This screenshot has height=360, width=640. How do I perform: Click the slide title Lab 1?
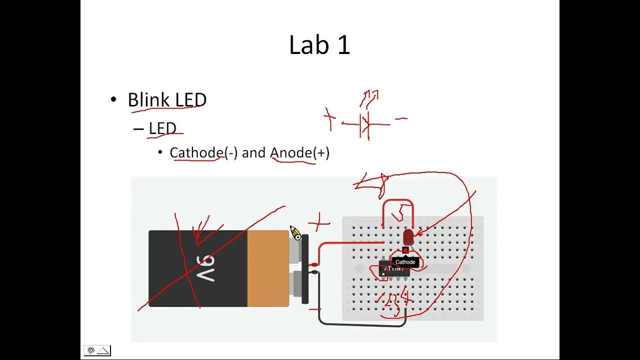coord(319,45)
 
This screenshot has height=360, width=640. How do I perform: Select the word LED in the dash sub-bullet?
coord(162,128)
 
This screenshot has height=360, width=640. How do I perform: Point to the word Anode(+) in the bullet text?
coord(299,152)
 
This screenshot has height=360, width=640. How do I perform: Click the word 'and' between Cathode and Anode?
coord(253,152)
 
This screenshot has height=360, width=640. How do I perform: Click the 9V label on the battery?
coord(205,268)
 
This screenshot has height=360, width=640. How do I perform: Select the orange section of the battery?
coord(267,268)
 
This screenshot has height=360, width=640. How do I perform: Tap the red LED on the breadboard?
coord(408,236)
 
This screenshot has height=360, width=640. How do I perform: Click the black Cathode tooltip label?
coord(405,262)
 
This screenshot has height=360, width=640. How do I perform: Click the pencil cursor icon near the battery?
coord(295,233)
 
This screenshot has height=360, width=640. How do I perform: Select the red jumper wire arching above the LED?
coord(398,202)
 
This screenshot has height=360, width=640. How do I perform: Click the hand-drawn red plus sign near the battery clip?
coord(319,221)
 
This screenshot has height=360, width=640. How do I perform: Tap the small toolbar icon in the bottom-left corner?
coord(97,350)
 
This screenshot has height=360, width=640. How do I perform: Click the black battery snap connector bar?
coord(305,269)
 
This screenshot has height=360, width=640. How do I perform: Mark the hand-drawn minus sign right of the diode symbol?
coord(401,119)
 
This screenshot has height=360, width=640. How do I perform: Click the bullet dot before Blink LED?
coord(113,99)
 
